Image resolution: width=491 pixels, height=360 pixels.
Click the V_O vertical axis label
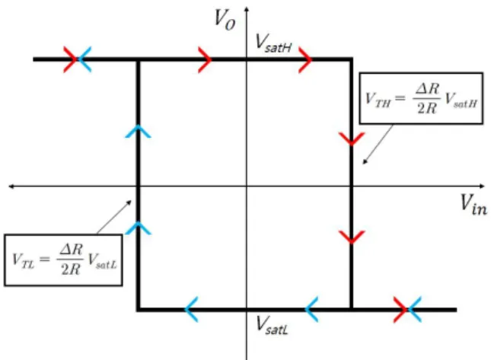point(225,20)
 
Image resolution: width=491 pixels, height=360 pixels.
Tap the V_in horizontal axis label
point(473,205)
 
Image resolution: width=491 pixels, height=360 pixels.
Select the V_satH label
point(273,43)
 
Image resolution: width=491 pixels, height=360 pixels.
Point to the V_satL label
point(272,325)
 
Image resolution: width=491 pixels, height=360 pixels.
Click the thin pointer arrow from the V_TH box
point(378,145)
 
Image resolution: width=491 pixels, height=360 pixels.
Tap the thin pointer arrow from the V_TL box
point(114,217)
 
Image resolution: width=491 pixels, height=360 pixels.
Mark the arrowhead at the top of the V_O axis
point(247,8)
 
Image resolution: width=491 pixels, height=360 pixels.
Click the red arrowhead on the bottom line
point(400,310)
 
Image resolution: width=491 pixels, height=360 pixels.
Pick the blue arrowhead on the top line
point(84,59)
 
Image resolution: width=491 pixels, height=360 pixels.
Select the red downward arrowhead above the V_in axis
point(352,139)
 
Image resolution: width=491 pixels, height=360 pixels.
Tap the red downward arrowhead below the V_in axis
point(352,237)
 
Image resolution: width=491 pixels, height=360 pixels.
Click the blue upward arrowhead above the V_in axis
point(138,132)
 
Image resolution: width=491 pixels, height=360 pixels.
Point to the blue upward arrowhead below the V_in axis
point(138,228)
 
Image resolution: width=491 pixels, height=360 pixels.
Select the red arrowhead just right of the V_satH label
point(305,60)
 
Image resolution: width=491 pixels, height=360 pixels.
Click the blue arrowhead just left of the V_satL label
point(191,309)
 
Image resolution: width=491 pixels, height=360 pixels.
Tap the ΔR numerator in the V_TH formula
point(427,89)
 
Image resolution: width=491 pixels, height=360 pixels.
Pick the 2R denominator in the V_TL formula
point(71,269)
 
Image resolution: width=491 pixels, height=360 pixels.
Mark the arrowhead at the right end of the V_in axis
point(482,186)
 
